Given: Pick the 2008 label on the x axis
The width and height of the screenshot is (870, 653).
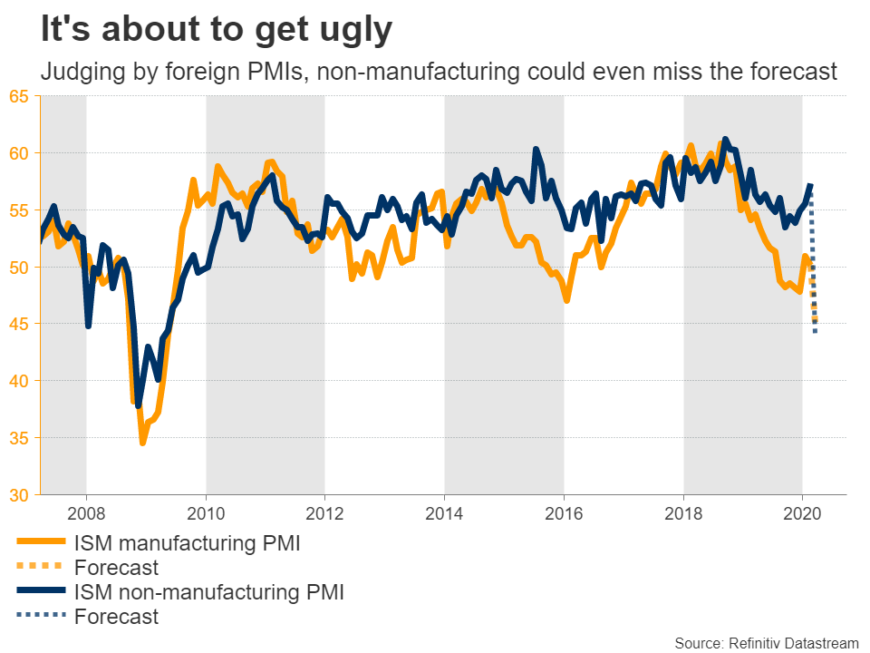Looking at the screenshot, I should coord(86,512).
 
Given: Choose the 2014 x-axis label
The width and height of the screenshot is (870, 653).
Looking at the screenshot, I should coord(444,512).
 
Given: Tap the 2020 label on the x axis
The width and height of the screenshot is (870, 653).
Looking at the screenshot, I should coord(802,512).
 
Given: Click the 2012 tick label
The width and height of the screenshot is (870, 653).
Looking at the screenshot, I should coord(324,512).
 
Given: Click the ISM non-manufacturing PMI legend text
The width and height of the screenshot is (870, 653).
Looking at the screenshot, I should coord(209,592).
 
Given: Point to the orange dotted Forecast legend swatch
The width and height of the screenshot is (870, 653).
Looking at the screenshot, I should coord(41,569).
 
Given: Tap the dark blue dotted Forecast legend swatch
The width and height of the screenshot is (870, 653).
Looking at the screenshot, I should coord(41,617).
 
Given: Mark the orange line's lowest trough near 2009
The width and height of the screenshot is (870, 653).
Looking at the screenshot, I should coord(142,443).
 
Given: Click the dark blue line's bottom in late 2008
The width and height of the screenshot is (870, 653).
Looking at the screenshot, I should coord(140,405).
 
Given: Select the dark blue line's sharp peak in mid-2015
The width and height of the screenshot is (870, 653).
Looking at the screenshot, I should coord(536,149).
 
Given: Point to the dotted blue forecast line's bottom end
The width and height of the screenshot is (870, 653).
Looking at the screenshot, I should coord(815,333).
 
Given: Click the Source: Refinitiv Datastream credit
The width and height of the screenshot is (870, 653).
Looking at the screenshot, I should coord(767,642).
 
